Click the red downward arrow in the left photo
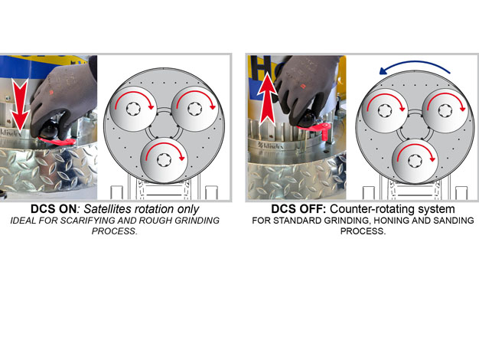(x=21, y=106)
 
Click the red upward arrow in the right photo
(x=268, y=99)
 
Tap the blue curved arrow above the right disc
(x=415, y=67)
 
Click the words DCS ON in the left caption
(x=54, y=209)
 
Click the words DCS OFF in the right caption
(x=298, y=209)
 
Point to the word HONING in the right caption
(x=392, y=221)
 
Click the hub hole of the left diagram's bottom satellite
(x=163, y=159)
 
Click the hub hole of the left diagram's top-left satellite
(x=133, y=110)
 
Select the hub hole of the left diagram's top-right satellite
(x=194, y=109)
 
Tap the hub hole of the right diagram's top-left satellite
(x=384, y=111)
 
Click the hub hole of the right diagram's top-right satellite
(x=445, y=111)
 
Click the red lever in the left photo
(x=57, y=141)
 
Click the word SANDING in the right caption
(x=456, y=221)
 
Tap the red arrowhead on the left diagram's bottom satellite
(x=182, y=158)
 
